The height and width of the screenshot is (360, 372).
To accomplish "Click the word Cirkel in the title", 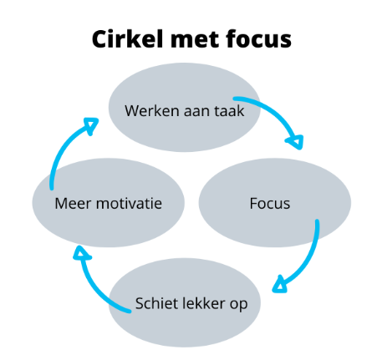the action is click(x=127, y=39).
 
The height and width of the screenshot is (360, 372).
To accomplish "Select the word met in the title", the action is click(x=194, y=39).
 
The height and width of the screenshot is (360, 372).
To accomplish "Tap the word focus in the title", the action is click(x=258, y=39).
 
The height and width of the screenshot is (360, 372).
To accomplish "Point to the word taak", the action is click(x=229, y=111).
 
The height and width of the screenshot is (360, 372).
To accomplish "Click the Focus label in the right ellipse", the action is click(x=270, y=203).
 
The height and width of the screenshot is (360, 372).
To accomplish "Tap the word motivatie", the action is click(x=129, y=203).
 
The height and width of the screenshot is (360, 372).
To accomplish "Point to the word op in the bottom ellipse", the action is click(x=238, y=305).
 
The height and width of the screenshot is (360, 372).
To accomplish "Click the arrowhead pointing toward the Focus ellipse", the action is click(x=296, y=142).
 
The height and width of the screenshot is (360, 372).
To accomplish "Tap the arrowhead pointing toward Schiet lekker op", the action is click(x=279, y=285).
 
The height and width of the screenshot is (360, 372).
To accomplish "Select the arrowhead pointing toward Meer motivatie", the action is click(x=81, y=253).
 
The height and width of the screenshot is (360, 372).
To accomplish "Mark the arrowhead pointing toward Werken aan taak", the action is click(x=91, y=124).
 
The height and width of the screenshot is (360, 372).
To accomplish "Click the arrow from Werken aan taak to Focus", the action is click(x=275, y=114).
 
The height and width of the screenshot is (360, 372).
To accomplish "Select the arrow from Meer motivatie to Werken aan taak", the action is click(x=63, y=145).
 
